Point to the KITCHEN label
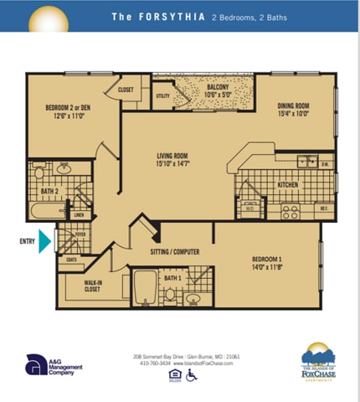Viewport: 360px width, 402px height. [x=288, y=184]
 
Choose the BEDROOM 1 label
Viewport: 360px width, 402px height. [x=268, y=265]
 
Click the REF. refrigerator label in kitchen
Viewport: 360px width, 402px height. [x=323, y=206]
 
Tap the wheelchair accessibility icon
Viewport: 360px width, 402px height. [x=191, y=375]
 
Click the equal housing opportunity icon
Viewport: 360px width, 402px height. [x=175, y=375]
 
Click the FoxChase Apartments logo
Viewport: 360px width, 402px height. [x=317, y=363]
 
